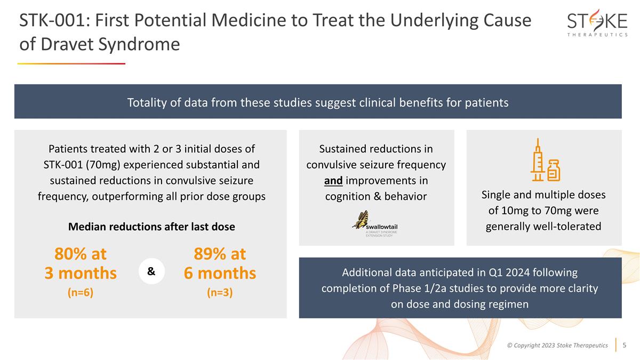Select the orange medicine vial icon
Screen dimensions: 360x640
554,170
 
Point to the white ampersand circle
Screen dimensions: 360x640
151,271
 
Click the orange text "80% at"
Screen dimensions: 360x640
80,254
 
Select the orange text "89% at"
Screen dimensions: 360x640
220,254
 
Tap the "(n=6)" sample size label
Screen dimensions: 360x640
80,293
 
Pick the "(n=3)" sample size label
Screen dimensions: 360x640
220,293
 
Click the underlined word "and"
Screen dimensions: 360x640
333,180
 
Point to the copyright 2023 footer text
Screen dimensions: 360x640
557,346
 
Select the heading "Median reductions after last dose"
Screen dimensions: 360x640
151,226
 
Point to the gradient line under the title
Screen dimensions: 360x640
71,63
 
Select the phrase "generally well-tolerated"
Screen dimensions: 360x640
543,226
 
